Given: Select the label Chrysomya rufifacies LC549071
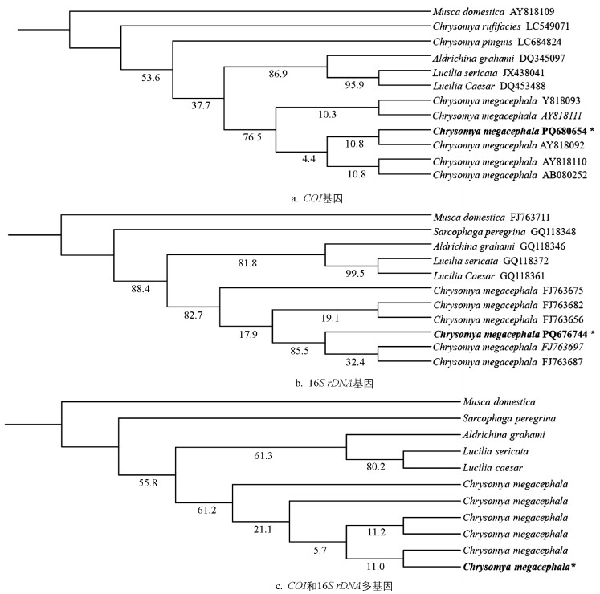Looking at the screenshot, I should [x=485, y=27].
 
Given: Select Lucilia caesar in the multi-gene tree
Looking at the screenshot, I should [x=490, y=467].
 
